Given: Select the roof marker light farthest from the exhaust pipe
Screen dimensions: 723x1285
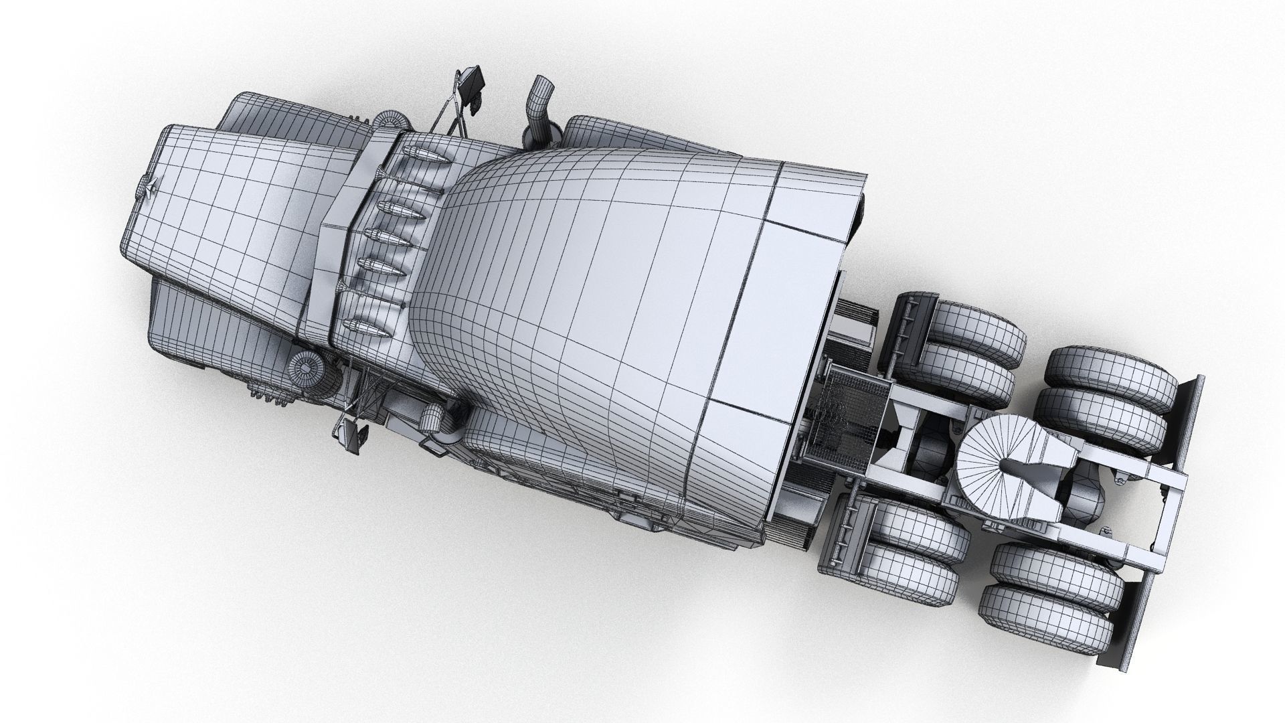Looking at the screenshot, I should (365, 327).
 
